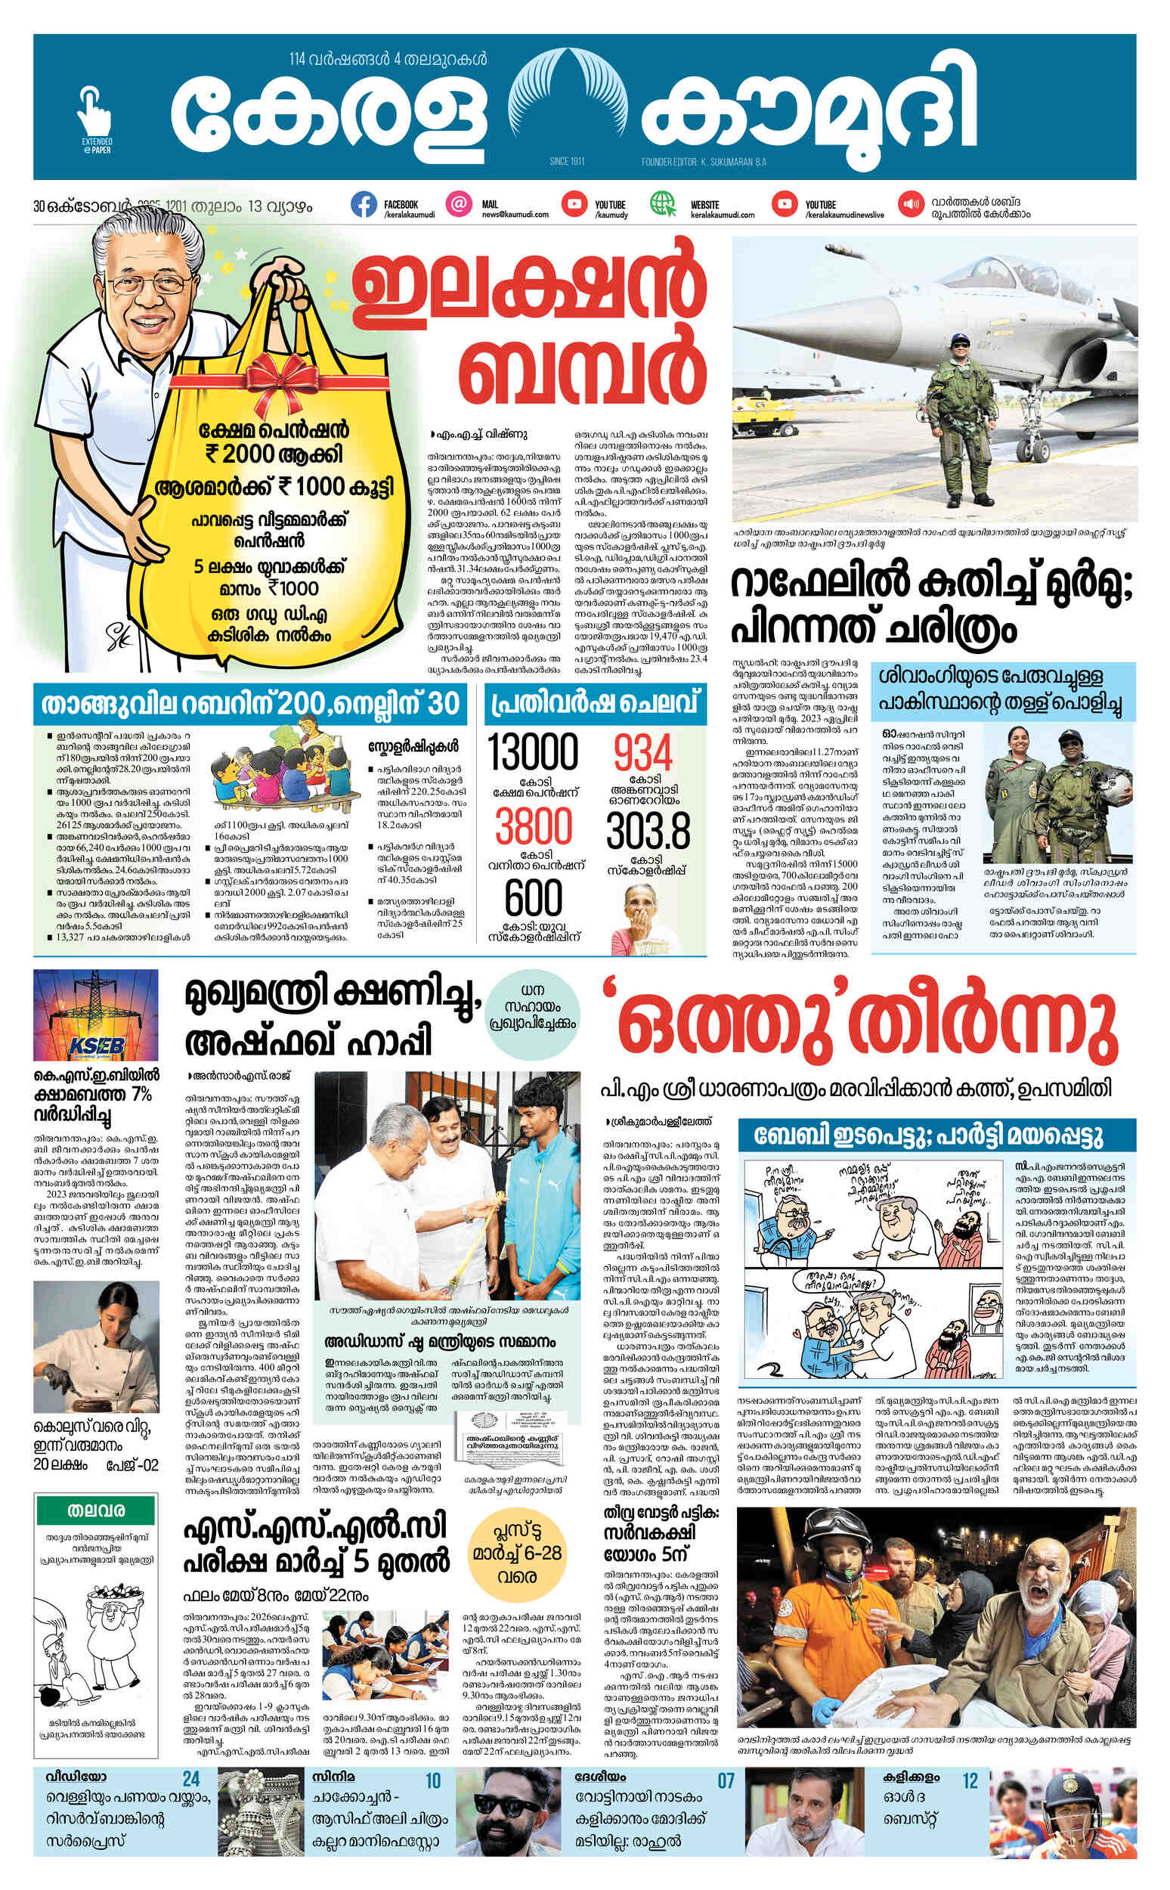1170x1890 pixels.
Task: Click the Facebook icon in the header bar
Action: pos(364,204)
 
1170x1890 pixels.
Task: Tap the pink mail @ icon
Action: pos(459,204)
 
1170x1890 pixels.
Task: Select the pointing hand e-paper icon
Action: pos(94,110)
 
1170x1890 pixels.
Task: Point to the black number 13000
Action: pos(533,752)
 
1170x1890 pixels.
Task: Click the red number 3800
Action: pos(533,826)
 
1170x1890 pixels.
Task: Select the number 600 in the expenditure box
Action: pos(533,898)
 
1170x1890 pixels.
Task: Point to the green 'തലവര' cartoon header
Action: pos(97,1510)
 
